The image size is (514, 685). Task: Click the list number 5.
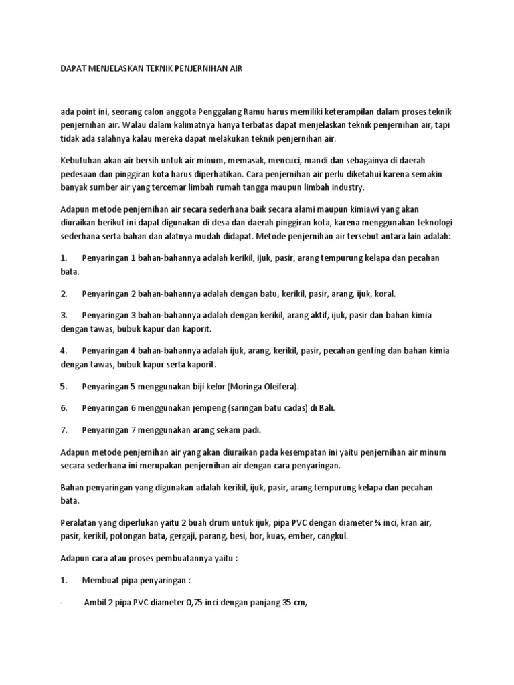click(x=63, y=387)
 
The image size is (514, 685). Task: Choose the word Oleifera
click(x=280, y=387)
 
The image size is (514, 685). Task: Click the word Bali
click(x=327, y=408)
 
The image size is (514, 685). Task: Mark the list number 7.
click(x=63, y=429)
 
